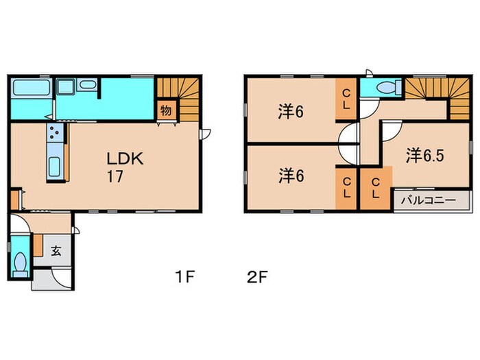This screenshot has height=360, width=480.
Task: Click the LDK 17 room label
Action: click(x=123, y=166)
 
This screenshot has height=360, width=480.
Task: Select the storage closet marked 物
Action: click(x=166, y=110)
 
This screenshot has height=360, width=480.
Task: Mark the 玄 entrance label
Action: click(x=56, y=250)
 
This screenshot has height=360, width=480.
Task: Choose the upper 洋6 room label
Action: click(x=291, y=110)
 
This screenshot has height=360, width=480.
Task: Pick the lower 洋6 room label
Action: click(x=291, y=176)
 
